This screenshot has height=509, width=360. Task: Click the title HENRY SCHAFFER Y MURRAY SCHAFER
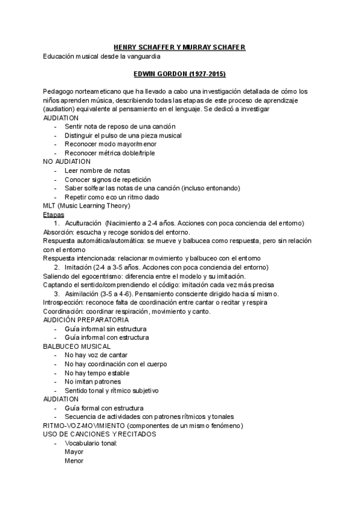(x=179, y=47)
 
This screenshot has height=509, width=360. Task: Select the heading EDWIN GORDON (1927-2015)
(x=179, y=74)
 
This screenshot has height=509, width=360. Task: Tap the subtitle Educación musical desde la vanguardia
(x=101, y=56)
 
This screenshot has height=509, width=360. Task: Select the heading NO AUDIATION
(x=67, y=161)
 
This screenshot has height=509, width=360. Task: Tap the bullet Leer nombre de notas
(x=97, y=170)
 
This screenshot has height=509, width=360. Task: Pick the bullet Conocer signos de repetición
(x=107, y=179)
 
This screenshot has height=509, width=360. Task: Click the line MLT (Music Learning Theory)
(x=86, y=206)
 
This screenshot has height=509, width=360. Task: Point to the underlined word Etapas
(x=53, y=214)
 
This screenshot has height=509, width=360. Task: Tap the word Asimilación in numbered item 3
(x=85, y=294)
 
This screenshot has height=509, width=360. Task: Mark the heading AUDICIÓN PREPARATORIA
(x=86, y=320)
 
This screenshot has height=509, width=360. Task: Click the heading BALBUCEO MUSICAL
(x=77, y=346)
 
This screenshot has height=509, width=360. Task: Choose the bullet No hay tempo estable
(x=97, y=373)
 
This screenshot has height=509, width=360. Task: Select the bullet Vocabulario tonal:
(x=91, y=443)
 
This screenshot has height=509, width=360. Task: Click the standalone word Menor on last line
(x=74, y=461)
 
